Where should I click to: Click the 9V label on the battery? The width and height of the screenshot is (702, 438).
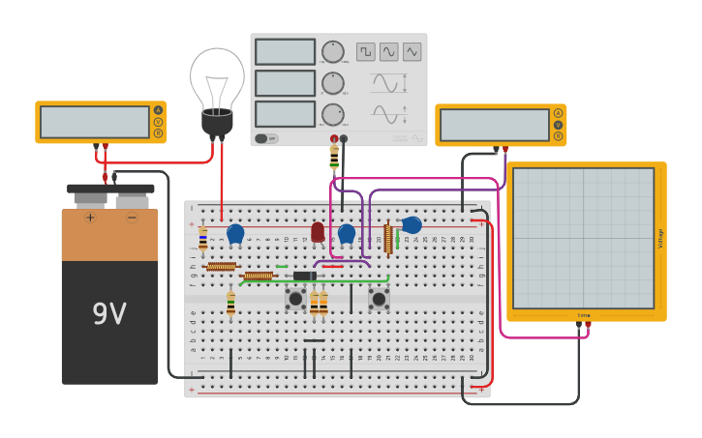tap(109, 314)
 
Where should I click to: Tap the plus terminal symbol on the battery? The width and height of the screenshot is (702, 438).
tap(90, 218)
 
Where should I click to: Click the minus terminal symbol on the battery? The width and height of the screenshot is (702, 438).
tap(132, 218)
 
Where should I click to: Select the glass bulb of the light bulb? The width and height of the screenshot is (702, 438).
tap(217, 77)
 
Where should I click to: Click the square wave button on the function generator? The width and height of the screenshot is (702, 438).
tap(365, 51)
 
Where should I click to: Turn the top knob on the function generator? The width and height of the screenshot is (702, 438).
tap(332, 52)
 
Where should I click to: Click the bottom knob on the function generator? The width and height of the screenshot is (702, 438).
tap(332, 114)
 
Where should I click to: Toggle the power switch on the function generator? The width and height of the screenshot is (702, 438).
tap(265, 138)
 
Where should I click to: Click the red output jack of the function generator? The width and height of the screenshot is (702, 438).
tap(334, 138)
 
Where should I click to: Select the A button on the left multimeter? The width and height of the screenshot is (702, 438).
tap(158, 110)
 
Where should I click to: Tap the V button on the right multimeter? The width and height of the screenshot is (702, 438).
tap(558, 125)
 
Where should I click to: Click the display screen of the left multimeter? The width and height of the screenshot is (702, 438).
tap(94, 122)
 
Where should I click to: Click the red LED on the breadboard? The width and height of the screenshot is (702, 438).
tap(318, 231)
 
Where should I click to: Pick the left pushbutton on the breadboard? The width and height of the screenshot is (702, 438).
tap(295, 299)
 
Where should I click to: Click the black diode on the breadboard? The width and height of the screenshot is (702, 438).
tap(304, 276)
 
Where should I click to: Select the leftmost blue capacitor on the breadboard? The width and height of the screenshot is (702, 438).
tap(235, 233)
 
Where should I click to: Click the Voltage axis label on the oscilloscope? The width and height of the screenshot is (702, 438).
tap(661, 238)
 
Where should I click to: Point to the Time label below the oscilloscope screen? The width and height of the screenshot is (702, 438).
tap(584, 315)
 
